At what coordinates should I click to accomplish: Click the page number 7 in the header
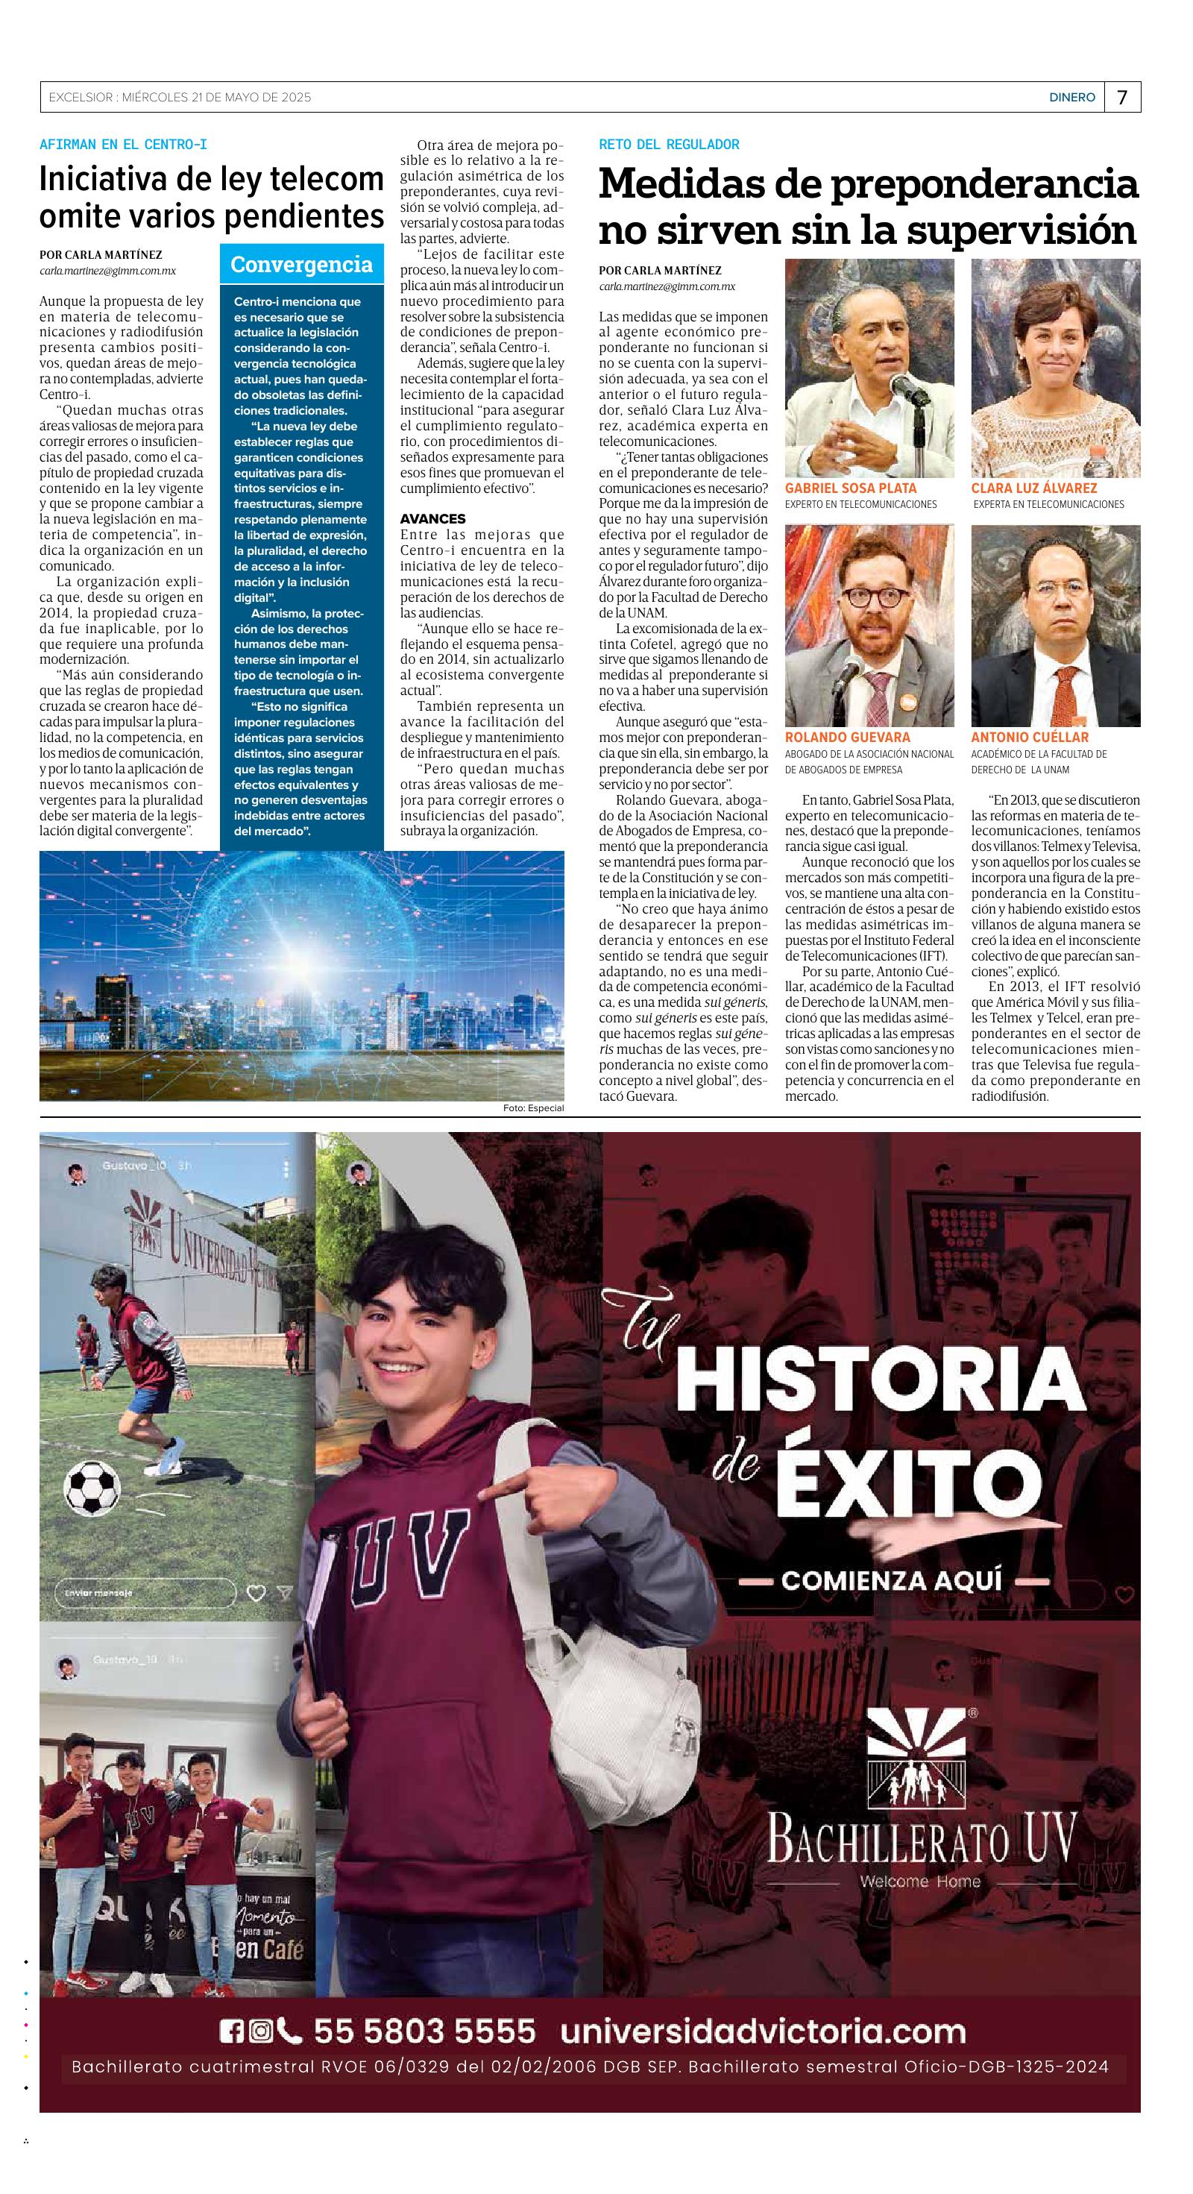[x=1121, y=97]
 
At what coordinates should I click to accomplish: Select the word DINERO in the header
[x=1071, y=98]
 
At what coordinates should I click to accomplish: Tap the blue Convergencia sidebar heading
[x=301, y=265]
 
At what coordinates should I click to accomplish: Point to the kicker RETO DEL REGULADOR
[x=669, y=145]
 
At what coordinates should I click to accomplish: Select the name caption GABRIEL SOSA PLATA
[x=850, y=488]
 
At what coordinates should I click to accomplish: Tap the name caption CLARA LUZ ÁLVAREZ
[x=1033, y=488]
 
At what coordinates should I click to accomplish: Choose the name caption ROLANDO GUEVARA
[x=846, y=737]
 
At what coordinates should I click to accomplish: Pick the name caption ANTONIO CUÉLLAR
[x=1030, y=737]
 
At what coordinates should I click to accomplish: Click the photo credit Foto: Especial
[x=533, y=1108]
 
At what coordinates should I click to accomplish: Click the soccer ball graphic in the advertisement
[x=92, y=1486]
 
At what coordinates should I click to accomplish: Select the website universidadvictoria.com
[x=763, y=2031]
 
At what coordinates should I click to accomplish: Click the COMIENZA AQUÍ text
[x=893, y=1581]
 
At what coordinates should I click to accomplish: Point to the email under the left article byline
[x=107, y=271]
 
